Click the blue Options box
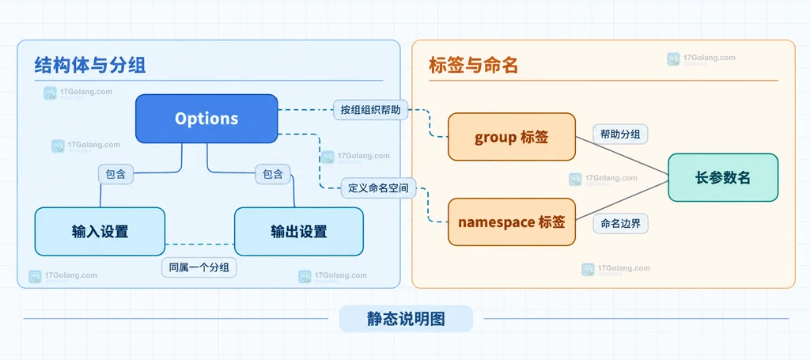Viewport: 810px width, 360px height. tap(206, 119)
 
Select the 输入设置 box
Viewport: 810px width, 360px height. tap(100, 231)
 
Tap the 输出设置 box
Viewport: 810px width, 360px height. tap(298, 231)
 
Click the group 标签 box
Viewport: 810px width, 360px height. tap(512, 138)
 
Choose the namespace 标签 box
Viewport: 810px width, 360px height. tap(512, 222)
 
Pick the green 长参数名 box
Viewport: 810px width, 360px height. tap(723, 178)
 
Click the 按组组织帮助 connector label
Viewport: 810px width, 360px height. tap(370, 109)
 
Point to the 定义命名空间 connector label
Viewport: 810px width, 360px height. tap(379, 188)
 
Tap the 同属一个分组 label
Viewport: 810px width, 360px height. tap(199, 267)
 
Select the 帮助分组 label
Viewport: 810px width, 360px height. tap(620, 135)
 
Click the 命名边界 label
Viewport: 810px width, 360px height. tap(620, 224)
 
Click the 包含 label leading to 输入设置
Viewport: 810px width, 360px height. tap(115, 174)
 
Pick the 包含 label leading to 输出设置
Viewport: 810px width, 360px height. tap(273, 174)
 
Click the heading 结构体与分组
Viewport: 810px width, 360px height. tap(90, 66)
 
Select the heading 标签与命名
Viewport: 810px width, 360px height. tap(473, 66)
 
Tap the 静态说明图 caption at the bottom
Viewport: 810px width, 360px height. tap(406, 319)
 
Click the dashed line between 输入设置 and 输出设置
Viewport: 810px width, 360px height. tap(199, 244)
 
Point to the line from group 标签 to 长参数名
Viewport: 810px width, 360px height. tap(622, 157)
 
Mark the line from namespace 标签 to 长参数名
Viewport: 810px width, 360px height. tap(622, 201)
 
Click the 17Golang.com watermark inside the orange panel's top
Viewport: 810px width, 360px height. tap(701, 59)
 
